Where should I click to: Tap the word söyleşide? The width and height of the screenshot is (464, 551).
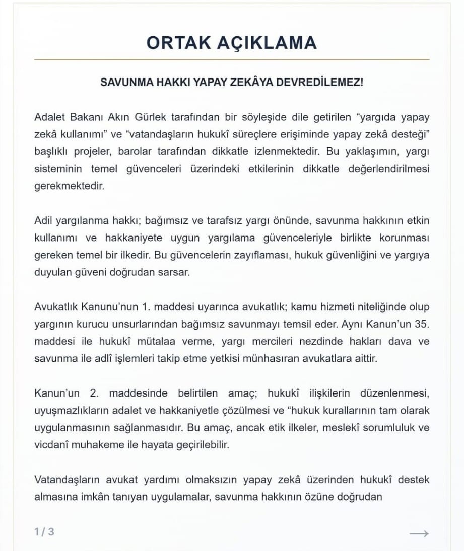[254, 117]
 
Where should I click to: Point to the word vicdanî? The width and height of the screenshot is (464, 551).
[52, 445]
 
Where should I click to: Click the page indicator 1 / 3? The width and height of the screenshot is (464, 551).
[44, 532]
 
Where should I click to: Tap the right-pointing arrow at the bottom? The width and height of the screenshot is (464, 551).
[419, 533]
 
